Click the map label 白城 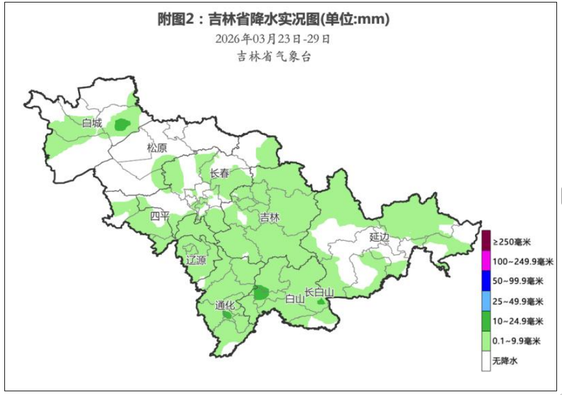click(x=92, y=123)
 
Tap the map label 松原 click(x=157, y=148)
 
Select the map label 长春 click(x=219, y=174)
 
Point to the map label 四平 click(x=160, y=216)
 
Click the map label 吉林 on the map click(x=270, y=218)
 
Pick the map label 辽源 click(x=196, y=260)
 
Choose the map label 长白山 click(x=320, y=292)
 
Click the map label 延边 click(x=379, y=237)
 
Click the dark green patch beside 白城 click(x=122, y=124)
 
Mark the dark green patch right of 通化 click(x=261, y=292)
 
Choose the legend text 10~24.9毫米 click(x=518, y=322)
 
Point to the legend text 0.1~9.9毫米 click(x=517, y=341)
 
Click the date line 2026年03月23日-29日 click(x=273, y=39)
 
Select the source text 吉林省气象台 click(x=273, y=57)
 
